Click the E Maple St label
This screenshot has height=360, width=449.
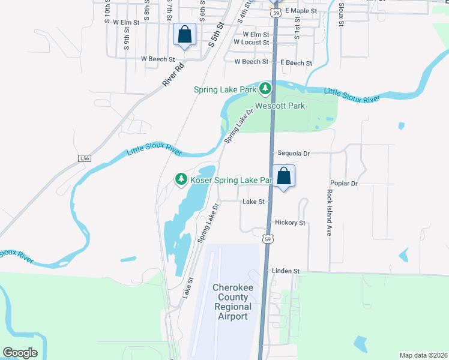[301, 11]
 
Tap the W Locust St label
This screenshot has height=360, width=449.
[252, 43]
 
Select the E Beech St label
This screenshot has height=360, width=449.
[296, 62]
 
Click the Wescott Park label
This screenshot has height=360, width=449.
[280, 106]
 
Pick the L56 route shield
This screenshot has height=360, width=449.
[85, 158]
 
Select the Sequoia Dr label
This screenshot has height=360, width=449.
[294, 154]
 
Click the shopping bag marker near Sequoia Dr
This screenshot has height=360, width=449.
[285, 176]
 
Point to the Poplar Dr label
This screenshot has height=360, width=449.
[344, 183]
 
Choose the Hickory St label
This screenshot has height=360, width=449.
[290, 223]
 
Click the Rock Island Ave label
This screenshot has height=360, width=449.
[329, 212]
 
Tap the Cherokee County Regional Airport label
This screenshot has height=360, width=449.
[230, 302]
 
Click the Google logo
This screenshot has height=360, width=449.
[20, 353]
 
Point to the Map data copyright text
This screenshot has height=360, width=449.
[424, 355]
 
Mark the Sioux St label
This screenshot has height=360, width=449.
[340, 13]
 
